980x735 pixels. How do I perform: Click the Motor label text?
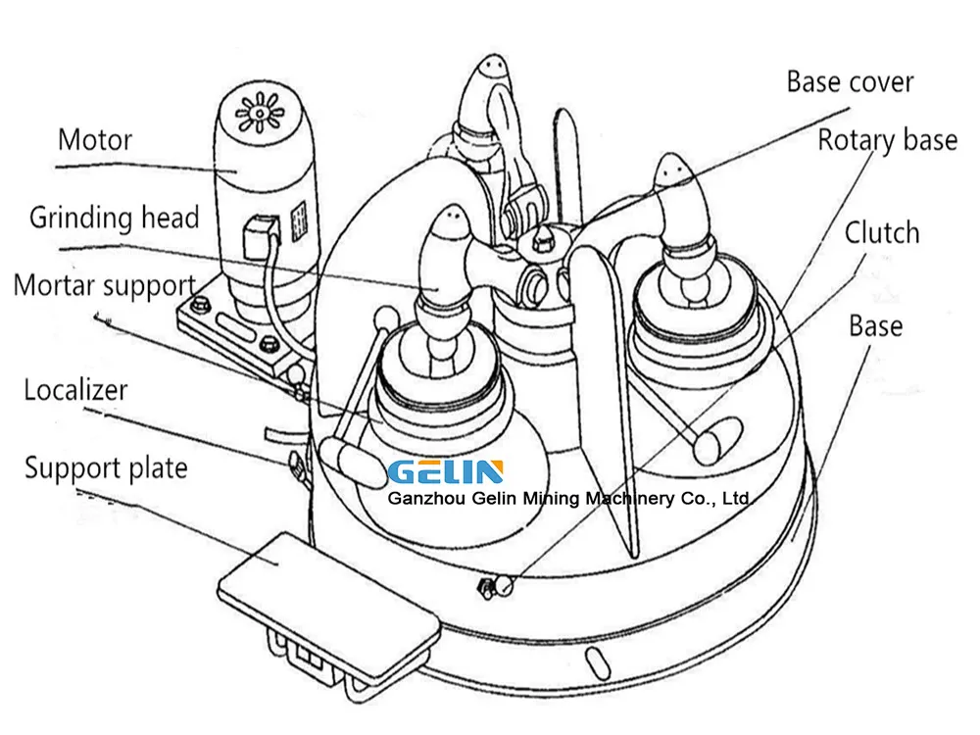pos(95,140)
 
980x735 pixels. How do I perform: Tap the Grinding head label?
pos(115,218)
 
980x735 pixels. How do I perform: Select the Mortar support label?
pos(105,285)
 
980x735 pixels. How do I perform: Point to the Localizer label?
pos(75,390)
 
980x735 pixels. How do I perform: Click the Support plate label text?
pos(106,468)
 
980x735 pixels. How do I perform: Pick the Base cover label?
pos(850,82)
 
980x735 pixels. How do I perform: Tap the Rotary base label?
pos(888,140)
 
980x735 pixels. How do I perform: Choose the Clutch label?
pos(882,233)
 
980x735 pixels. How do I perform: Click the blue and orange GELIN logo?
pos(446,472)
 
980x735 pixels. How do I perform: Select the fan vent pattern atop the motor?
pos(259,113)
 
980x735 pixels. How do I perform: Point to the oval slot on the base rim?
pos(598,664)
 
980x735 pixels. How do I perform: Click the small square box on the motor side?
pos(260,236)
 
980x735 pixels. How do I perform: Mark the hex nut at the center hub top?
pos(541,238)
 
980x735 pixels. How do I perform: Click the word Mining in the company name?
pos(551,499)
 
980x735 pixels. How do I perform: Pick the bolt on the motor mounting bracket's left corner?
pos(199,305)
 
